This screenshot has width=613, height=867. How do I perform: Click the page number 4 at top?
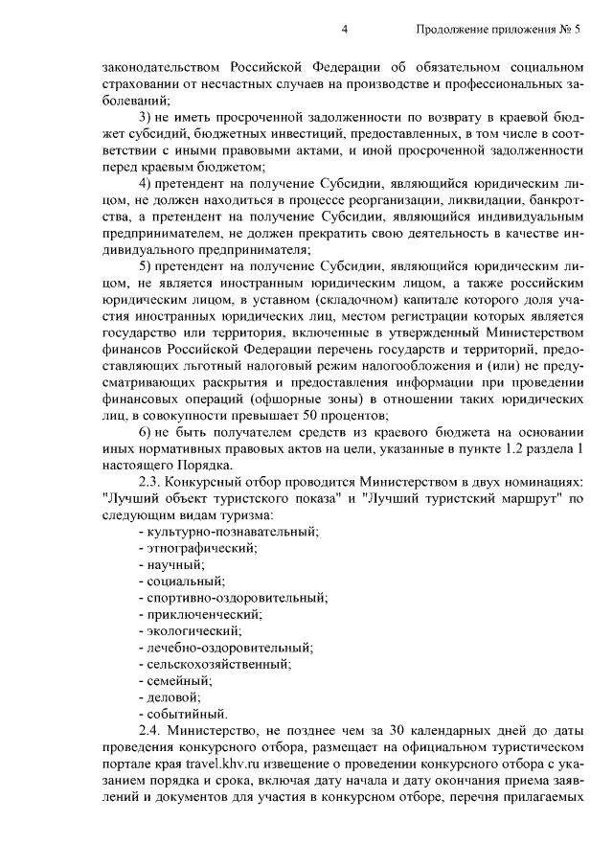click(344, 31)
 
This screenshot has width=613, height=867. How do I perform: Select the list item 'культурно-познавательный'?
click(229, 531)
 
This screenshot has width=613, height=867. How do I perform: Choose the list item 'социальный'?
click(182, 581)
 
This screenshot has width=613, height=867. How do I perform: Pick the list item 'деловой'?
click(172, 696)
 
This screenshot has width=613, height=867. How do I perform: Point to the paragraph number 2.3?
click(152, 481)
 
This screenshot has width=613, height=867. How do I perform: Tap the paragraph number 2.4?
click(152, 730)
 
